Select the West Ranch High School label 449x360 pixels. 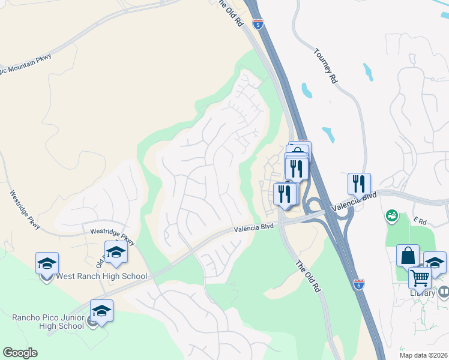(101, 277)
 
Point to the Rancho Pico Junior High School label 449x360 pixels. (48, 321)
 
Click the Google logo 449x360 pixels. (20, 353)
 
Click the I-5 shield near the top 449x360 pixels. (258, 25)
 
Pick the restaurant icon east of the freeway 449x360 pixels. (359, 184)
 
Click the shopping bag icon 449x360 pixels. (408, 254)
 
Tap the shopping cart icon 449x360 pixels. (420, 278)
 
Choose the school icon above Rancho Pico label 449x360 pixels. (101, 310)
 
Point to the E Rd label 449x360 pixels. (419, 222)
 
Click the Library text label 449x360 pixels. (423, 293)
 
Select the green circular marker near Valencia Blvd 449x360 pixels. (393, 214)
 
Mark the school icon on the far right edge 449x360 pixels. (435, 262)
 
